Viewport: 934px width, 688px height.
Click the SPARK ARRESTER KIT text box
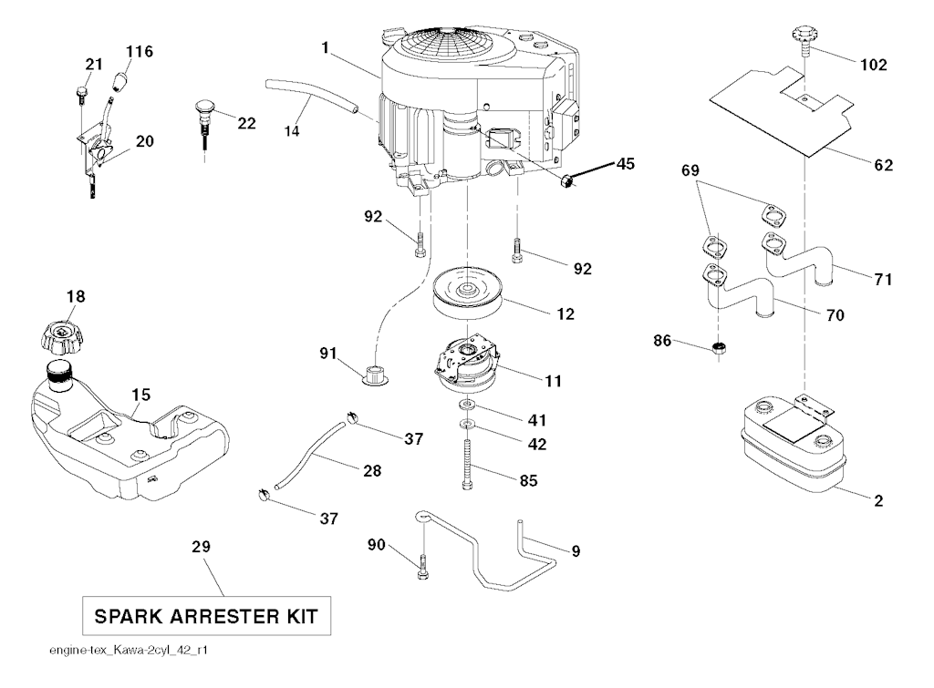click(206, 617)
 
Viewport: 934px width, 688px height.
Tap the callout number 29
click(201, 547)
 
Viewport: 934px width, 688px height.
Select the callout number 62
click(883, 165)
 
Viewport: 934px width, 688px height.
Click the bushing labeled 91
click(375, 374)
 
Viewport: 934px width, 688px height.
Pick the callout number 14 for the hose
click(291, 130)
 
